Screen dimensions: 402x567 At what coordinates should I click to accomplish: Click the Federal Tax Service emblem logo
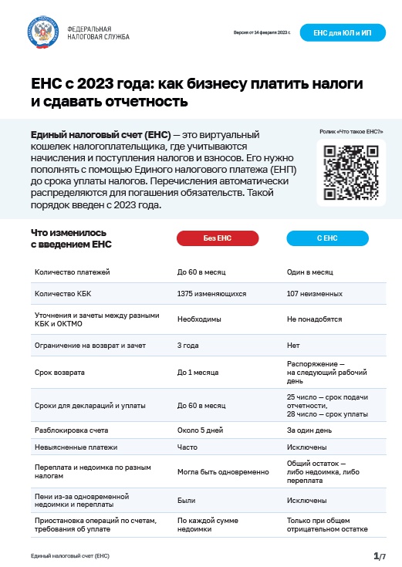(42, 32)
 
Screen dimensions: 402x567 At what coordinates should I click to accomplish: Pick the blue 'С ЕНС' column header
(328, 239)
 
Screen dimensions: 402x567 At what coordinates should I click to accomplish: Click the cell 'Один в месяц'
(309, 272)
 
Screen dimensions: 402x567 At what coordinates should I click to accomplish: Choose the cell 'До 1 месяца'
(197, 373)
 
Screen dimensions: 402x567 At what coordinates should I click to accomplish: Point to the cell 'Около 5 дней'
(200, 430)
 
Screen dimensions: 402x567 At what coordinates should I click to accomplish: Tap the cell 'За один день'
(309, 430)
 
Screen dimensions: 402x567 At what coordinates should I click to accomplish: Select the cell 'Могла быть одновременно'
(223, 471)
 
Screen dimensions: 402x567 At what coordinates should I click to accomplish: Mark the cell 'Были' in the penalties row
(186, 500)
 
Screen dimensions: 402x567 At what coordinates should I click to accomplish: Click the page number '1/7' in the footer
(378, 555)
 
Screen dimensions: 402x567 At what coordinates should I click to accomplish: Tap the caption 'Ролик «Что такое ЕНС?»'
(351, 132)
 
